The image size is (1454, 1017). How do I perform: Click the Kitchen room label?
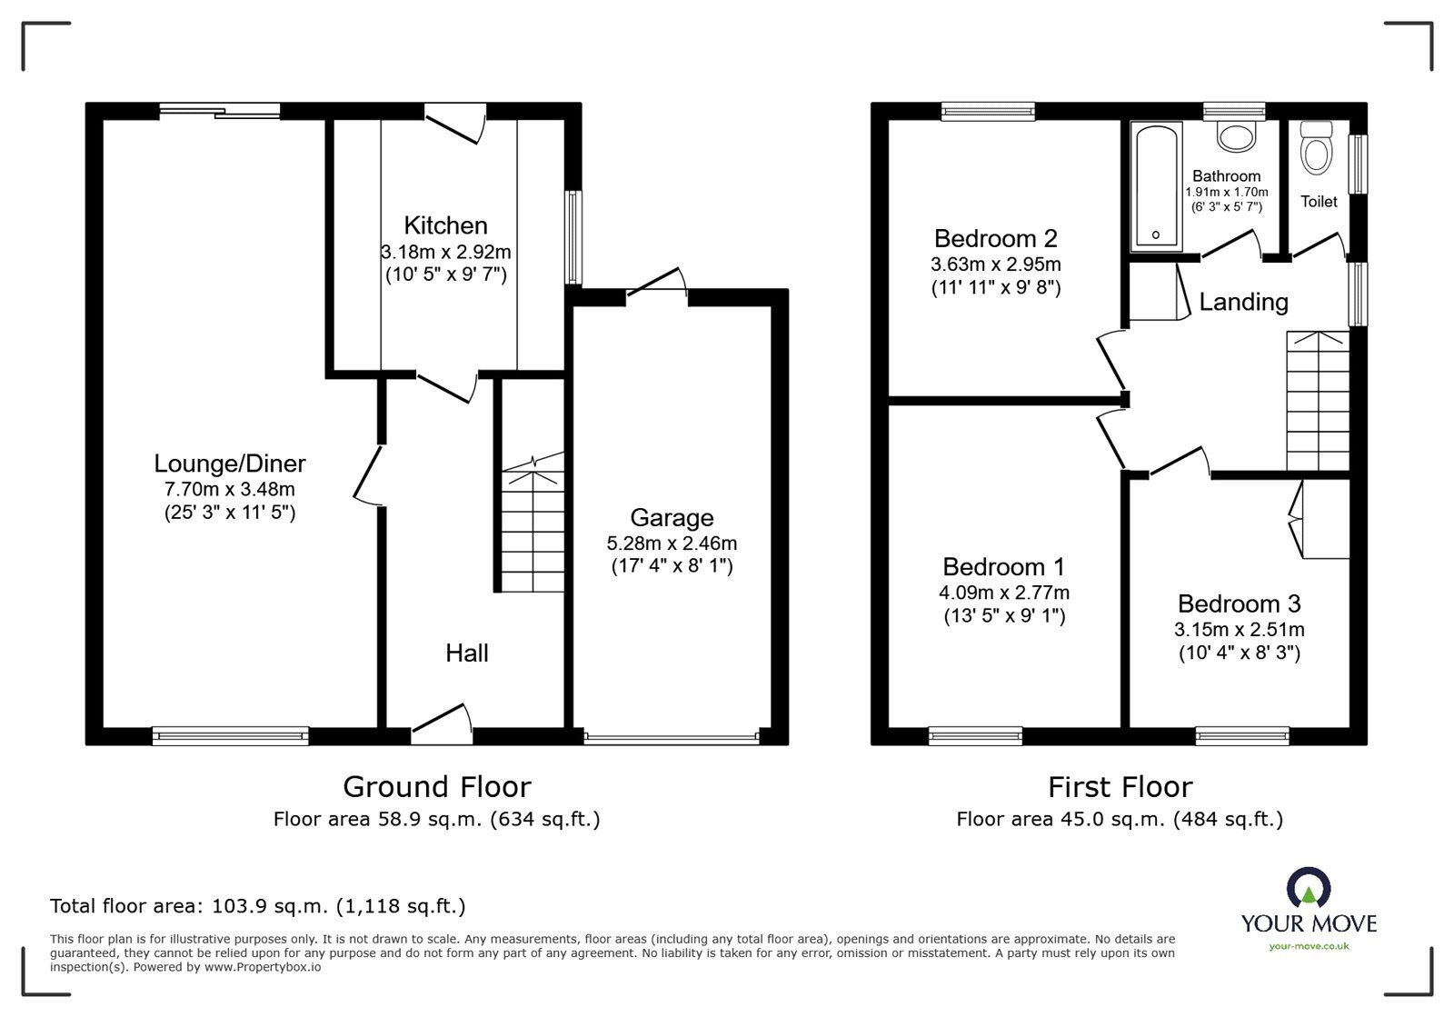pos(445,225)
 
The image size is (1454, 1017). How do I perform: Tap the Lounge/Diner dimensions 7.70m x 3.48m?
pos(230,489)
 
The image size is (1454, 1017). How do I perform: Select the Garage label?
pos(672,517)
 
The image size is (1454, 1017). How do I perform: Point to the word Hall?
pos(467,653)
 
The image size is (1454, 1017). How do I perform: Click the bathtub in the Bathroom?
pos(1155,187)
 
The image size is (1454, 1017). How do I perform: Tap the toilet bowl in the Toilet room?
pos(1316,148)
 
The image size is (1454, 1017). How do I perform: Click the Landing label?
pos(1243,302)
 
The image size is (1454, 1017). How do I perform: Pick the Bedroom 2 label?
pos(996,239)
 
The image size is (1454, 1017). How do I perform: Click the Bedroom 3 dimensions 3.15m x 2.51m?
pos(1240,629)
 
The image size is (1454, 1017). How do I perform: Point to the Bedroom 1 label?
pos(1003,566)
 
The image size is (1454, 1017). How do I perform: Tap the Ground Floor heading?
pos(437,786)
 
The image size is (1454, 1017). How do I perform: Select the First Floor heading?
pos(1120,786)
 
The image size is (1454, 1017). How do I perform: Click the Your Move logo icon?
pos(1310,886)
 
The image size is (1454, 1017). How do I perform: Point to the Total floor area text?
pos(258,905)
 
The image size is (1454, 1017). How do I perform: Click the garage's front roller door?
pos(672,737)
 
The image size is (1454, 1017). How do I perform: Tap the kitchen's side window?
pos(573,237)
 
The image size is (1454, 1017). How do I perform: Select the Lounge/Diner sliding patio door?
pos(220,111)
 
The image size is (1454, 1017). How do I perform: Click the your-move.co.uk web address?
pos(1310,946)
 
